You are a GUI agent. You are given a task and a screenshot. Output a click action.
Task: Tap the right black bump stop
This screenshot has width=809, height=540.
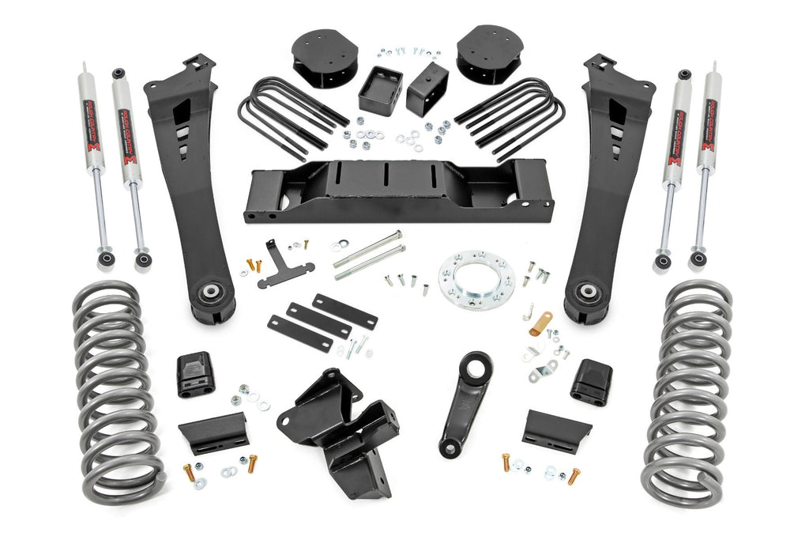pyautogui.click(x=592, y=381)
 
